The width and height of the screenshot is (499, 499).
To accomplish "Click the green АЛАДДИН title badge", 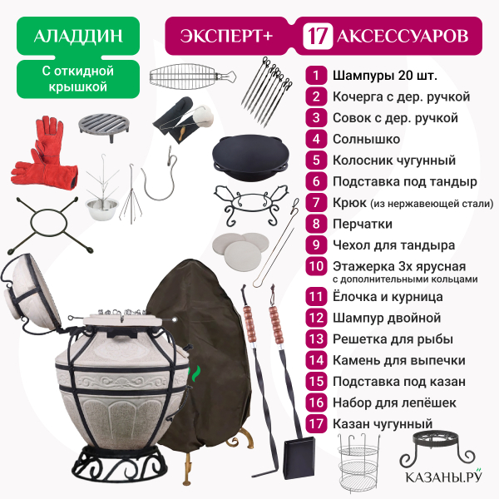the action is click(78, 36).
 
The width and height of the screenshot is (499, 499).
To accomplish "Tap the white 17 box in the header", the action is click(318, 36).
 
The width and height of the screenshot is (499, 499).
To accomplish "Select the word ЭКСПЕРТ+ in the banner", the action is click(226, 36).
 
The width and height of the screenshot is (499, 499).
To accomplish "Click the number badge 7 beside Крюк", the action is click(316, 203).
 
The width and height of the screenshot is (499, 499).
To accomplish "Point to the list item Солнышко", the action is click(366, 139).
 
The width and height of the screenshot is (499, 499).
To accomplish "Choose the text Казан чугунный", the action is click(383, 423).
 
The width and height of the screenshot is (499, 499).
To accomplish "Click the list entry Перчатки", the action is click(363, 224).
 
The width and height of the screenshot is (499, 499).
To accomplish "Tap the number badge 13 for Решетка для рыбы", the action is click(316, 339).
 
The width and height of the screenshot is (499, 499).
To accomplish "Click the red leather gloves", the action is click(45, 155).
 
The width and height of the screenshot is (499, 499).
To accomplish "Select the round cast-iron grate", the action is click(105, 126).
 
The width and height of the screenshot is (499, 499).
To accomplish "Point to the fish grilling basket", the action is click(192, 76).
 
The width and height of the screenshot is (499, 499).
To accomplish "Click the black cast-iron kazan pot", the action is click(251, 157).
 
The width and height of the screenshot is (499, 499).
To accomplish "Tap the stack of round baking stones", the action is click(241, 249).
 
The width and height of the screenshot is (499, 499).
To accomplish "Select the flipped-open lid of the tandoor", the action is click(32, 293).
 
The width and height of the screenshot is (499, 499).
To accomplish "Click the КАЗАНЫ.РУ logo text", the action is click(443, 477).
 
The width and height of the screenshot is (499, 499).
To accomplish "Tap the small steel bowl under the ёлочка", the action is click(102, 208).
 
